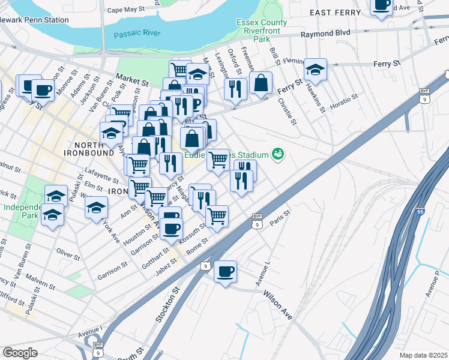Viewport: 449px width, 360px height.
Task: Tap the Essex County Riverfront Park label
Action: click(262, 31)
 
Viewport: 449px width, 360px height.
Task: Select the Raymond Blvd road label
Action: click(325, 35)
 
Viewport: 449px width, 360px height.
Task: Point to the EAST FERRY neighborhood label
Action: click(336, 12)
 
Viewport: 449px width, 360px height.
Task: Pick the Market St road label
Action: click(132, 78)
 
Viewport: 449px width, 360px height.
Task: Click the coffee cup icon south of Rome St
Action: click(226, 272)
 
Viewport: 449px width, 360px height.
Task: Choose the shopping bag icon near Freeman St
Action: click(261, 83)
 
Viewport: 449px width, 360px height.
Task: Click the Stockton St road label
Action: click(168, 305)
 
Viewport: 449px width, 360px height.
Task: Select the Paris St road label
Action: click(280, 217)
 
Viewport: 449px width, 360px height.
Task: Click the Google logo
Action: click(20, 352)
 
